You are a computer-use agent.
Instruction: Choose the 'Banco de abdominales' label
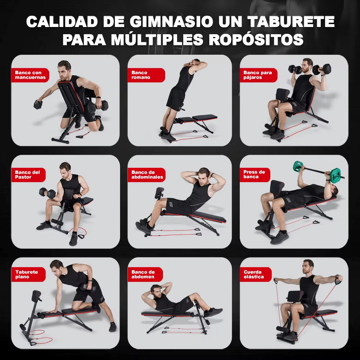[147, 175]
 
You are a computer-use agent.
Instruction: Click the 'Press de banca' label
[255, 175]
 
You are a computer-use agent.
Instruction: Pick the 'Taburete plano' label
[28, 274]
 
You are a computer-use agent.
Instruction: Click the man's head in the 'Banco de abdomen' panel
[156, 289]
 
